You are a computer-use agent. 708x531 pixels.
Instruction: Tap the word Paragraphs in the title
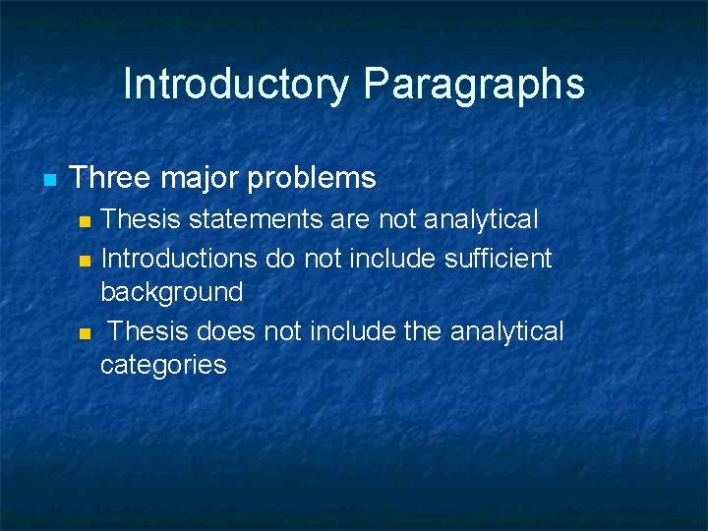pos(474,85)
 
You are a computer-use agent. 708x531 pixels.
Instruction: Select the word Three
pos(110,178)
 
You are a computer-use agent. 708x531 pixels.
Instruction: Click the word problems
pos(312,179)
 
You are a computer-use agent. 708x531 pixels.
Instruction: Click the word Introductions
pos(179,259)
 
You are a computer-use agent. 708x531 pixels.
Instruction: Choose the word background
pos(171,292)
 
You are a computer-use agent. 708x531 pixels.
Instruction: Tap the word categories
pos(163,365)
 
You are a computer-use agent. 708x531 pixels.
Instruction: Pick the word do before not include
pos(280,259)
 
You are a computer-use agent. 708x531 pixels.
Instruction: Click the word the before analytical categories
pos(422,331)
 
